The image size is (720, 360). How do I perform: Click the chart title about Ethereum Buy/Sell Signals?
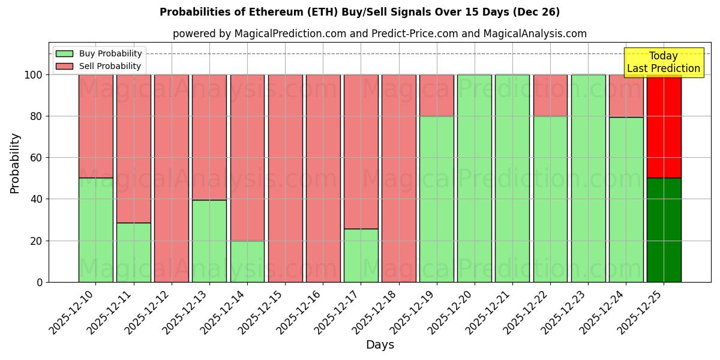[x=359, y=12]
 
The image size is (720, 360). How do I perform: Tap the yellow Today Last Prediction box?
[x=663, y=62]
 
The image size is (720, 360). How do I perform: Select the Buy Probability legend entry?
[x=99, y=53]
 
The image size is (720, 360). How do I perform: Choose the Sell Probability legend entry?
[x=99, y=66]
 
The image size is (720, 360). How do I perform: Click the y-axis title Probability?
[x=15, y=163]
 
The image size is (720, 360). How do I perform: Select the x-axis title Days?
[x=380, y=345]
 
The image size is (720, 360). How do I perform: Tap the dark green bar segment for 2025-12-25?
[x=664, y=230]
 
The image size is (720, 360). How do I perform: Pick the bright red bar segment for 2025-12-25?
[x=664, y=126]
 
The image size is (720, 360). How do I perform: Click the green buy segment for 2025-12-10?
[x=95, y=230]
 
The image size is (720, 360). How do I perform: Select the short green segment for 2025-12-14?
[x=247, y=261]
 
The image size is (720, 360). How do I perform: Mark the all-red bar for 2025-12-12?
[x=172, y=178]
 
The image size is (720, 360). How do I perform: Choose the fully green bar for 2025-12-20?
[x=474, y=178]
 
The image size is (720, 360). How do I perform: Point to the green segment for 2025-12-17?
[x=361, y=255]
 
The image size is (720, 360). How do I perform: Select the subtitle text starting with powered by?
[x=379, y=34]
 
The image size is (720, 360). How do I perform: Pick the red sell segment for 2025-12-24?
[x=626, y=96]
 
